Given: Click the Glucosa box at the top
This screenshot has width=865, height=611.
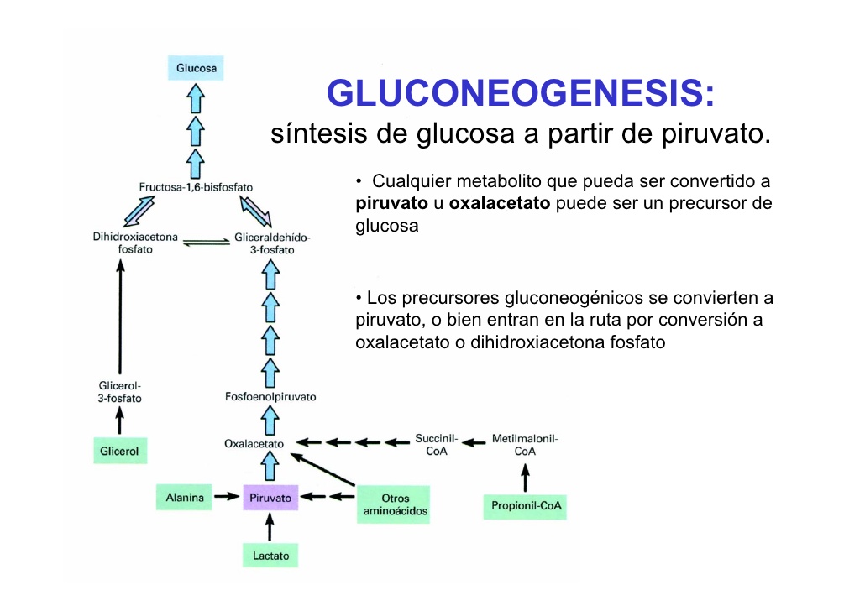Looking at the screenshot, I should pyautogui.click(x=196, y=68).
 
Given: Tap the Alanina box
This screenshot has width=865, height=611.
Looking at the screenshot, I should pyautogui.click(x=184, y=498).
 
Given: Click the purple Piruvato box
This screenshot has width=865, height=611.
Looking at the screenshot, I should pyautogui.click(x=270, y=499).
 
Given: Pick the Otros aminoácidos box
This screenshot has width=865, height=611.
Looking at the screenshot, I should pyautogui.click(x=394, y=504).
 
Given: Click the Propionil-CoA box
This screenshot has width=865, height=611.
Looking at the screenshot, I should pyautogui.click(x=525, y=507).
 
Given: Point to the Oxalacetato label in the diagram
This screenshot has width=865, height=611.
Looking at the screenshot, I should pyautogui.click(x=254, y=443).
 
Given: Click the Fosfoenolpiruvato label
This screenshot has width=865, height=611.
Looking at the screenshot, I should pyautogui.click(x=270, y=396).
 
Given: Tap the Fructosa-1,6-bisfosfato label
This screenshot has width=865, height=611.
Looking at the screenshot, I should pyautogui.click(x=196, y=185).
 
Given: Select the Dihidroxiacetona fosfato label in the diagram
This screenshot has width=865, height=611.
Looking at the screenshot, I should pyautogui.click(x=135, y=243).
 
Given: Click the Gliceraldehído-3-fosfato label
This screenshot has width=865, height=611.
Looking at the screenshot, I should pyautogui.click(x=271, y=243).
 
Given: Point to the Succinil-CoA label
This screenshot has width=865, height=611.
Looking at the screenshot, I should pyautogui.click(x=436, y=445).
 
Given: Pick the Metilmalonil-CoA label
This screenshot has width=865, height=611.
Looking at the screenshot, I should pyautogui.click(x=525, y=445).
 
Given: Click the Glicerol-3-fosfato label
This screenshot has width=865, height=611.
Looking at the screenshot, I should pyautogui.click(x=120, y=393).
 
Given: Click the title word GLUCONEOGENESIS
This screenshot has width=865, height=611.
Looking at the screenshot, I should pyautogui.click(x=519, y=93).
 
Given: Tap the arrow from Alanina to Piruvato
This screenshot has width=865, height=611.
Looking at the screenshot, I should pyautogui.click(x=225, y=497).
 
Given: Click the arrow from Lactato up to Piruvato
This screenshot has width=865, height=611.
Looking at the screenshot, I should pyautogui.click(x=270, y=527).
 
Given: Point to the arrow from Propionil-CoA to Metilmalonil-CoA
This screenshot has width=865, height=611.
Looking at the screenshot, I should pyautogui.click(x=526, y=478).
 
